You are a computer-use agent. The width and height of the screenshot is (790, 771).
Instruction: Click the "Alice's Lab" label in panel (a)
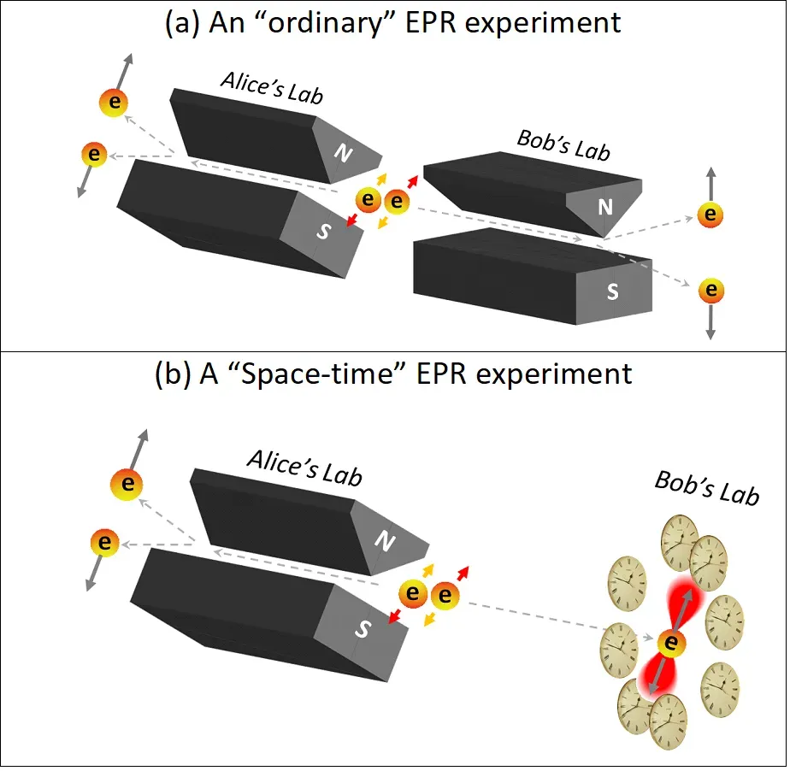(272, 88)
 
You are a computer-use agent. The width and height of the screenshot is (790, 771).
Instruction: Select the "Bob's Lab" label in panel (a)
(563, 145)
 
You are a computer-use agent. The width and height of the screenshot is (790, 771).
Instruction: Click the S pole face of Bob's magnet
(612, 291)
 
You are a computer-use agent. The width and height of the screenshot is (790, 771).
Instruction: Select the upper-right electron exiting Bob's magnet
(709, 214)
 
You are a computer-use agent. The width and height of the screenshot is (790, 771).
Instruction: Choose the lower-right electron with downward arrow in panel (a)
(710, 291)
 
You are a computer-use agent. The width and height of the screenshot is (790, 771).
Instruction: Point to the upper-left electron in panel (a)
(114, 103)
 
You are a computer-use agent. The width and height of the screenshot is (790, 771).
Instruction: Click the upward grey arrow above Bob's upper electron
(710, 183)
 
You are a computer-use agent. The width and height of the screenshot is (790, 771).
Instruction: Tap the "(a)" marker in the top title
(181, 23)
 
